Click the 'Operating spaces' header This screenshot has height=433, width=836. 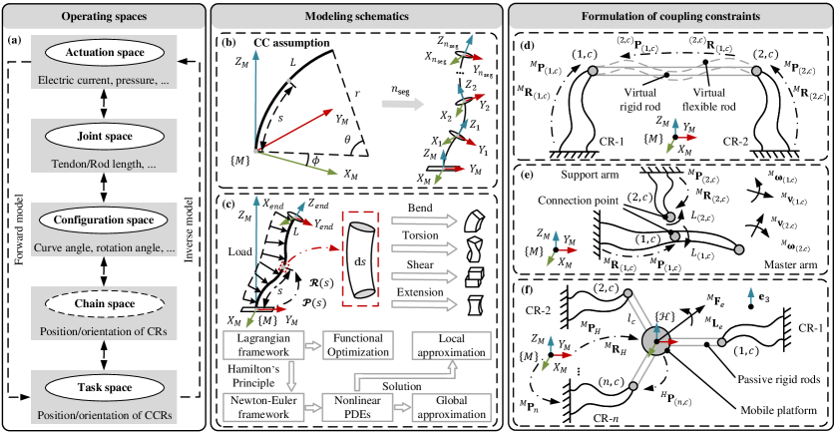104,17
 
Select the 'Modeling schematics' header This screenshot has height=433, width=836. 357,17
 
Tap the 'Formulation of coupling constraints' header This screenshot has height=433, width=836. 670,17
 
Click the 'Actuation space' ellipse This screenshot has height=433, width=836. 104,52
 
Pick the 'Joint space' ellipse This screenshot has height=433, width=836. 104,136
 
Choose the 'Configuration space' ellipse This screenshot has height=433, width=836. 104,219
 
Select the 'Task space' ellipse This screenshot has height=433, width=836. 104,387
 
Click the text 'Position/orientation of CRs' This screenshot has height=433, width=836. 104,331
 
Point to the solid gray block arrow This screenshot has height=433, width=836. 402,103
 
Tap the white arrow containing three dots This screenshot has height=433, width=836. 461,73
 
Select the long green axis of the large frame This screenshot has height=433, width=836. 297,163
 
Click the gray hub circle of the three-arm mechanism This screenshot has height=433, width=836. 654,341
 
